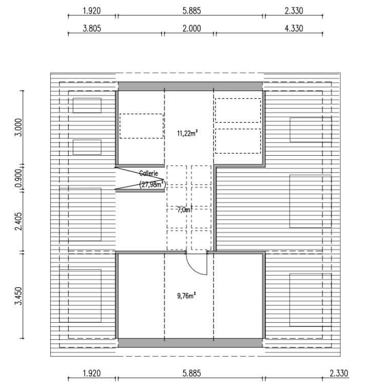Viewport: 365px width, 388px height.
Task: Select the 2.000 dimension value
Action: point(191,29)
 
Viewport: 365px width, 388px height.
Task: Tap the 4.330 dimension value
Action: point(294,29)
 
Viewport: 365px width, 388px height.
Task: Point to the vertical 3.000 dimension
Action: point(18,126)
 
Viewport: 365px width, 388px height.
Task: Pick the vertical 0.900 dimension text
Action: point(18,178)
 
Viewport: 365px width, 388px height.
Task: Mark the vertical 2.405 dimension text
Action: point(18,220)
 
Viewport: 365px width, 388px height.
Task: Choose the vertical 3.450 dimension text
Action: point(18,296)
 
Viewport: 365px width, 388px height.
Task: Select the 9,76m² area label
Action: point(187,295)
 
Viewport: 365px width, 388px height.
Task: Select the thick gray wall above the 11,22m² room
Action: point(190,86)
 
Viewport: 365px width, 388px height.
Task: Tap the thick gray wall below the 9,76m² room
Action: point(190,343)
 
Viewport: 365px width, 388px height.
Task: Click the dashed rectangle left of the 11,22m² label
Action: point(141,126)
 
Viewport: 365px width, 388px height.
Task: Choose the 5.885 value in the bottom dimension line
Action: point(191,374)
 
